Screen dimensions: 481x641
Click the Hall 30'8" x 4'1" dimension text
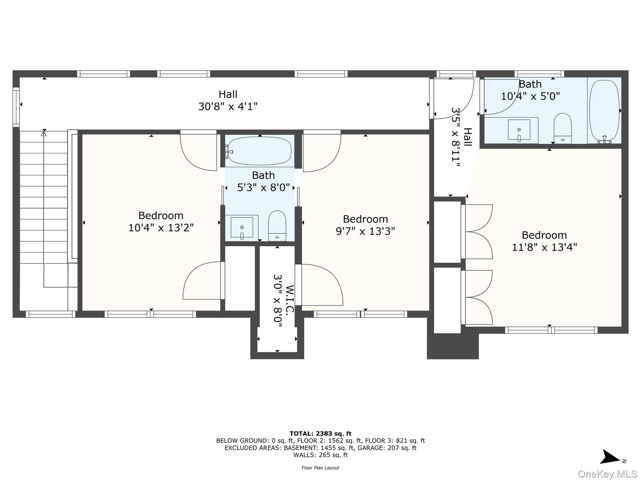tap(228, 106)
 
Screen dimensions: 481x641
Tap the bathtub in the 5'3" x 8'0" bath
tap(259, 151)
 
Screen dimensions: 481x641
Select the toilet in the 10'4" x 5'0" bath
tap(562, 128)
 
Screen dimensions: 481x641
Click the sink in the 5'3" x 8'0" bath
tap(242, 227)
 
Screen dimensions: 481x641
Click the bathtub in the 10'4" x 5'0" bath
tap(604, 111)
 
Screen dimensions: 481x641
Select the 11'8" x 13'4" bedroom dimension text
tap(544, 247)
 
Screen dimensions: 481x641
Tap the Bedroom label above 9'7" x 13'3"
tap(365, 219)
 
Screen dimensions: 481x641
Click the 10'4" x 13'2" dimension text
tap(161, 228)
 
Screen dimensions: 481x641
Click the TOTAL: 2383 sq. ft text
tap(320, 434)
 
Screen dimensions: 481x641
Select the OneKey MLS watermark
tap(607, 474)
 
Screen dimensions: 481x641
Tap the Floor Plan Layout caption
tap(320, 468)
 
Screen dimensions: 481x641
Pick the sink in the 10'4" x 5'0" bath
tap(519, 130)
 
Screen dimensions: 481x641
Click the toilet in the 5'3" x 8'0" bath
tap(277, 225)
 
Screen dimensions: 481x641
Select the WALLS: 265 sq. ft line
tap(320, 455)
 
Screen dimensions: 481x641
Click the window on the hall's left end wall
tap(16, 107)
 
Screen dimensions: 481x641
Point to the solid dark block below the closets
tap(453, 346)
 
